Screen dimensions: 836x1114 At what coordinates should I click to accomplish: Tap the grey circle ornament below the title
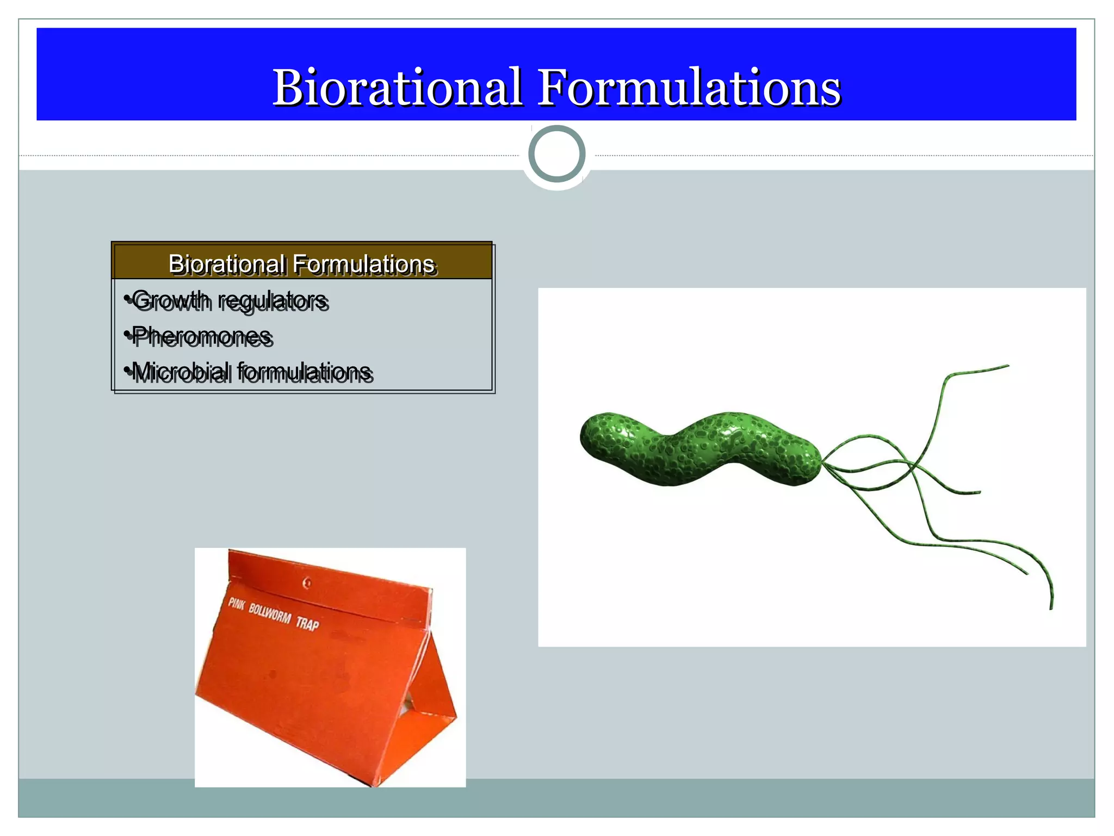point(556,154)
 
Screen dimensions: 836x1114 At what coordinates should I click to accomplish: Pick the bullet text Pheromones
point(201,335)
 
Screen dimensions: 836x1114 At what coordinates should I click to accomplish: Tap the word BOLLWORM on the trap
point(270,612)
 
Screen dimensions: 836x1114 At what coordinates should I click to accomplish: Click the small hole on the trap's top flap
point(307,583)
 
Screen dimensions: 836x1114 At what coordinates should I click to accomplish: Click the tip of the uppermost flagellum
point(1008,366)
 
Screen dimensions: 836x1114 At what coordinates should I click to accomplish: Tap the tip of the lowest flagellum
point(1051,608)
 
